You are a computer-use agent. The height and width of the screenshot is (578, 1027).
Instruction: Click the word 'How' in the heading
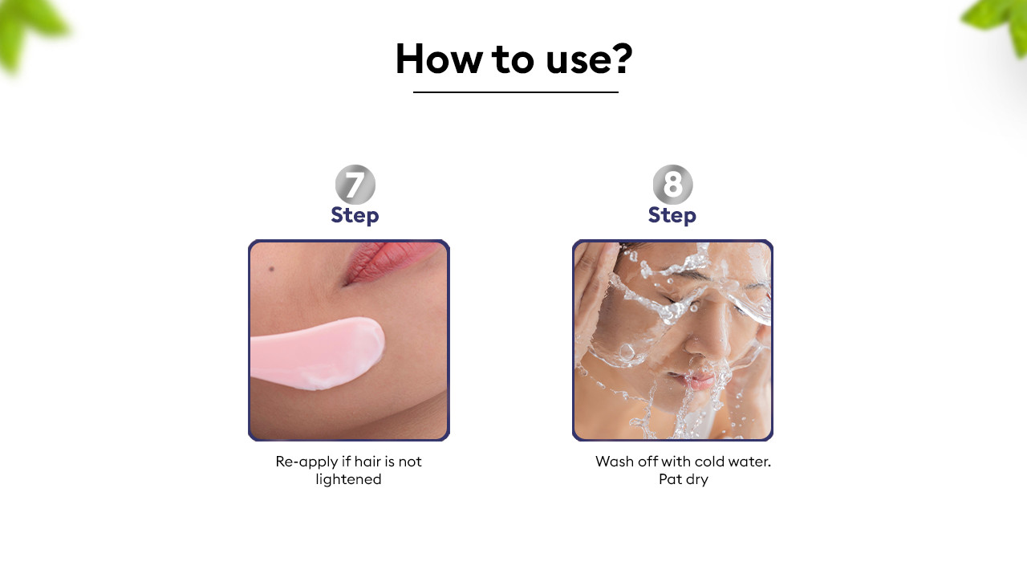(439, 59)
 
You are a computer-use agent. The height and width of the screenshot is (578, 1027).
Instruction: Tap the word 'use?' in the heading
(589, 59)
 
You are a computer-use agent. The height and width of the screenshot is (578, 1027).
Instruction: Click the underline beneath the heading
(515, 92)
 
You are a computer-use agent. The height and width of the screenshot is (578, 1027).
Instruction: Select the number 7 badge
(355, 185)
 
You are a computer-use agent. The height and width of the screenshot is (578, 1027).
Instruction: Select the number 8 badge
(672, 185)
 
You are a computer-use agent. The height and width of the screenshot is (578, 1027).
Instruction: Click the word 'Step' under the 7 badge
(355, 215)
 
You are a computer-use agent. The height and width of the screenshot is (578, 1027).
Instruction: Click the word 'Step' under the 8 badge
(672, 215)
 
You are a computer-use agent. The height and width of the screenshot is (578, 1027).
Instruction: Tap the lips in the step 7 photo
(390, 262)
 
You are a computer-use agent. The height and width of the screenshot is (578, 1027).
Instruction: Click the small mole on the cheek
(271, 269)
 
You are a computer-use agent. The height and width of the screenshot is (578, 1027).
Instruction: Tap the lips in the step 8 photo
(697, 381)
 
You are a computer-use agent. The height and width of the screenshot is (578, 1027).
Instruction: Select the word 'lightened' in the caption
(348, 479)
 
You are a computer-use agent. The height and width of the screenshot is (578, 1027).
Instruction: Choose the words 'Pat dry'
(684, 479)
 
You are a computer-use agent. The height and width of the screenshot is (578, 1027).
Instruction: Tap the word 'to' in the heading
(513, 59)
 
